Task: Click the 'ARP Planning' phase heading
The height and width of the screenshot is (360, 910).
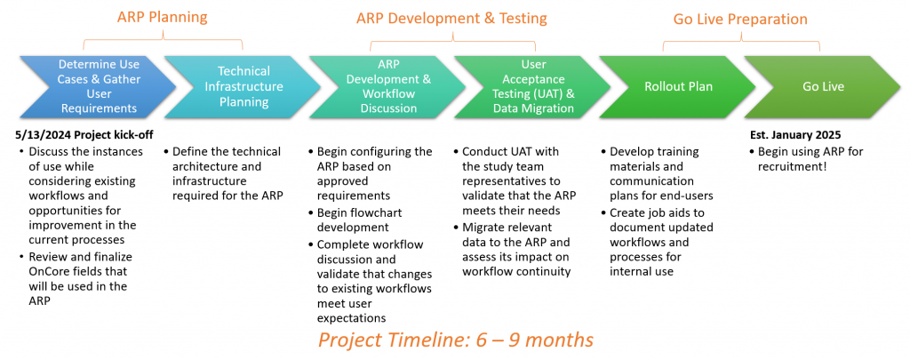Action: (162, 17)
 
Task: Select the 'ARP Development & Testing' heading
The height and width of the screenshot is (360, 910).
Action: (451, 19)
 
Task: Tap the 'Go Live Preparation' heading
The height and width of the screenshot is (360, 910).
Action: (740, 20)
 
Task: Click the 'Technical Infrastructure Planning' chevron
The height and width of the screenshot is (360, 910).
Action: (242, 87)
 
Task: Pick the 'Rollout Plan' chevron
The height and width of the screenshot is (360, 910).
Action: (677, 87)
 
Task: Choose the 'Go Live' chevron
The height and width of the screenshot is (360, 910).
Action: (822, 87)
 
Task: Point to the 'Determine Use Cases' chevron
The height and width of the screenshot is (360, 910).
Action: (98, 87)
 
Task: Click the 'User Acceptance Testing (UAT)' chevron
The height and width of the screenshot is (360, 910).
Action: (532, 87)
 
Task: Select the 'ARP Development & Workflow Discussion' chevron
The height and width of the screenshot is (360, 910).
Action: (387, 87)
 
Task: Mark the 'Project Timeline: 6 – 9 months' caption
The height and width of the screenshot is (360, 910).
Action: (456, 339)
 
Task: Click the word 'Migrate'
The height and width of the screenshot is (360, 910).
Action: (483, 227)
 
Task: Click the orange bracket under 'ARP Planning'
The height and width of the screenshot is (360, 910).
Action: (164, 39)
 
